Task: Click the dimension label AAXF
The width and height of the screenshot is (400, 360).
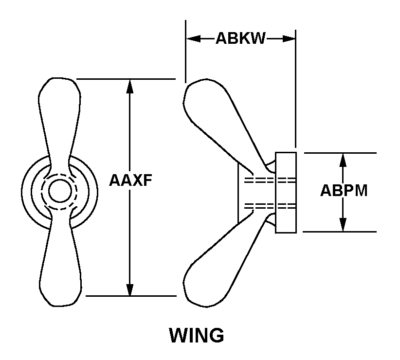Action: tap(130, 180)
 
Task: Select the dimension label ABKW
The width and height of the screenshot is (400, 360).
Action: tap(240, 39)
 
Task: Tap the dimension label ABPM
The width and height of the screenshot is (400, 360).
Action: tap(344, 190)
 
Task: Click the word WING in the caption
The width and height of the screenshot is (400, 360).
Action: tap(196, 335)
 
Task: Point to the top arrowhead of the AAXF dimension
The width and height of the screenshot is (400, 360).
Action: tap(130, 86)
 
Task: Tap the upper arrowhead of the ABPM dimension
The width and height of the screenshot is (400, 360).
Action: tap(344, 160)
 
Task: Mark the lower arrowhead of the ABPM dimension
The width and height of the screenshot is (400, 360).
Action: tap(344, 225)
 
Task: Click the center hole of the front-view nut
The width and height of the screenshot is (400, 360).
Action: tap(60, 190)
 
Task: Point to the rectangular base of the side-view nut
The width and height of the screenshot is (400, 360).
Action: tap(286, 192)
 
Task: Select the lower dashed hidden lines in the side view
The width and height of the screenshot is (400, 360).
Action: tap(270, 206)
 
